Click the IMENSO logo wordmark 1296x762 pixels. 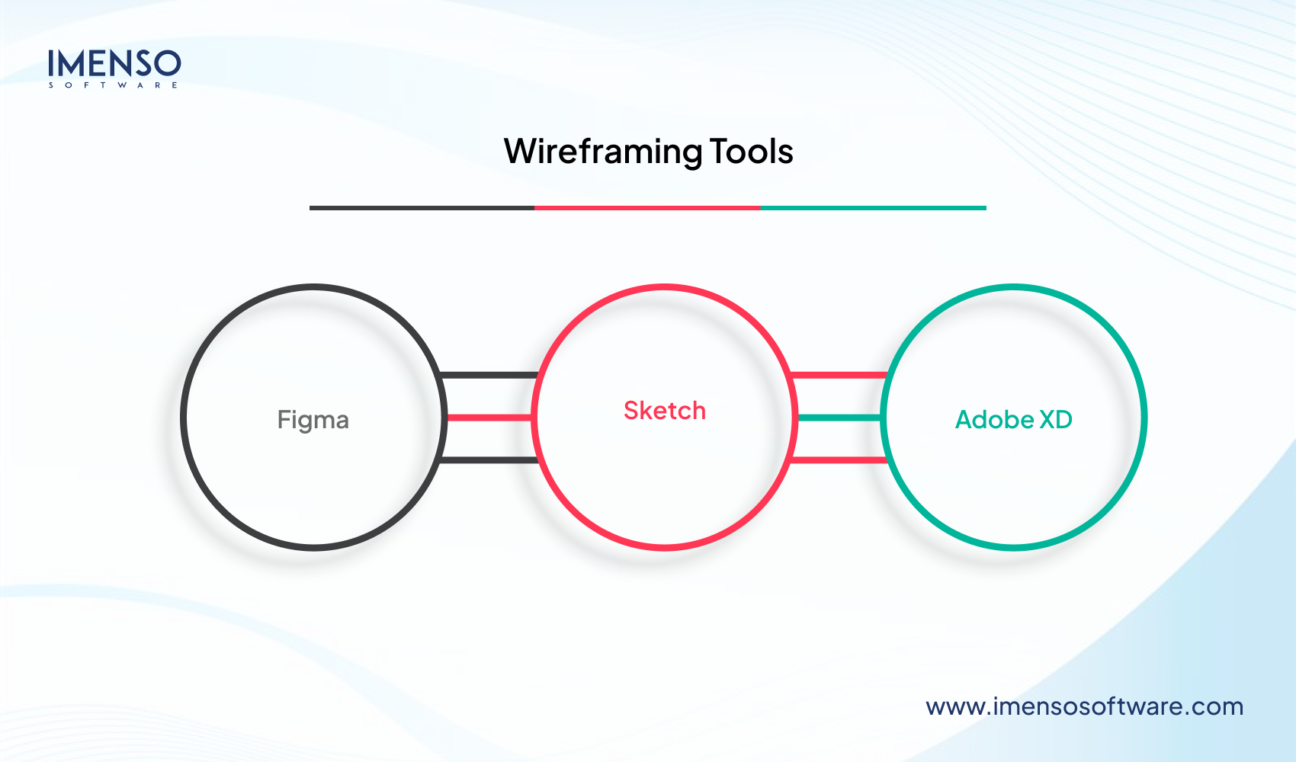(114, 63)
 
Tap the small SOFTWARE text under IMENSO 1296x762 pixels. (114, 85)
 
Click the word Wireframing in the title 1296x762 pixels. (602, 152)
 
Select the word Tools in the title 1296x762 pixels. (752, 152)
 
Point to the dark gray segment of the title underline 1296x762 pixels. (422, 207)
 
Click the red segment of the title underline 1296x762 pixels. (647, 207)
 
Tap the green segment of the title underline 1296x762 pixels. (873, 207)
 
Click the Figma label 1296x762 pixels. (313, 420)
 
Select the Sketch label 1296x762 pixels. (665, 411)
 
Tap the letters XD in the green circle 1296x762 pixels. (1056, 420)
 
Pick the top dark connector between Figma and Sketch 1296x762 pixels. (490, 375)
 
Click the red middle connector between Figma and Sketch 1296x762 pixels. (489, 418)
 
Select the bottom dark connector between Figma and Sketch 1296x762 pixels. (490, 459)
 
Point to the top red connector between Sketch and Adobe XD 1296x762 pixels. (839, 375)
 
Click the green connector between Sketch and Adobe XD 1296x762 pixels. (839, 418)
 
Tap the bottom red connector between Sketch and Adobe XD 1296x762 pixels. (839, 459)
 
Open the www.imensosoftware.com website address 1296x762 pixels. (1084, 706)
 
